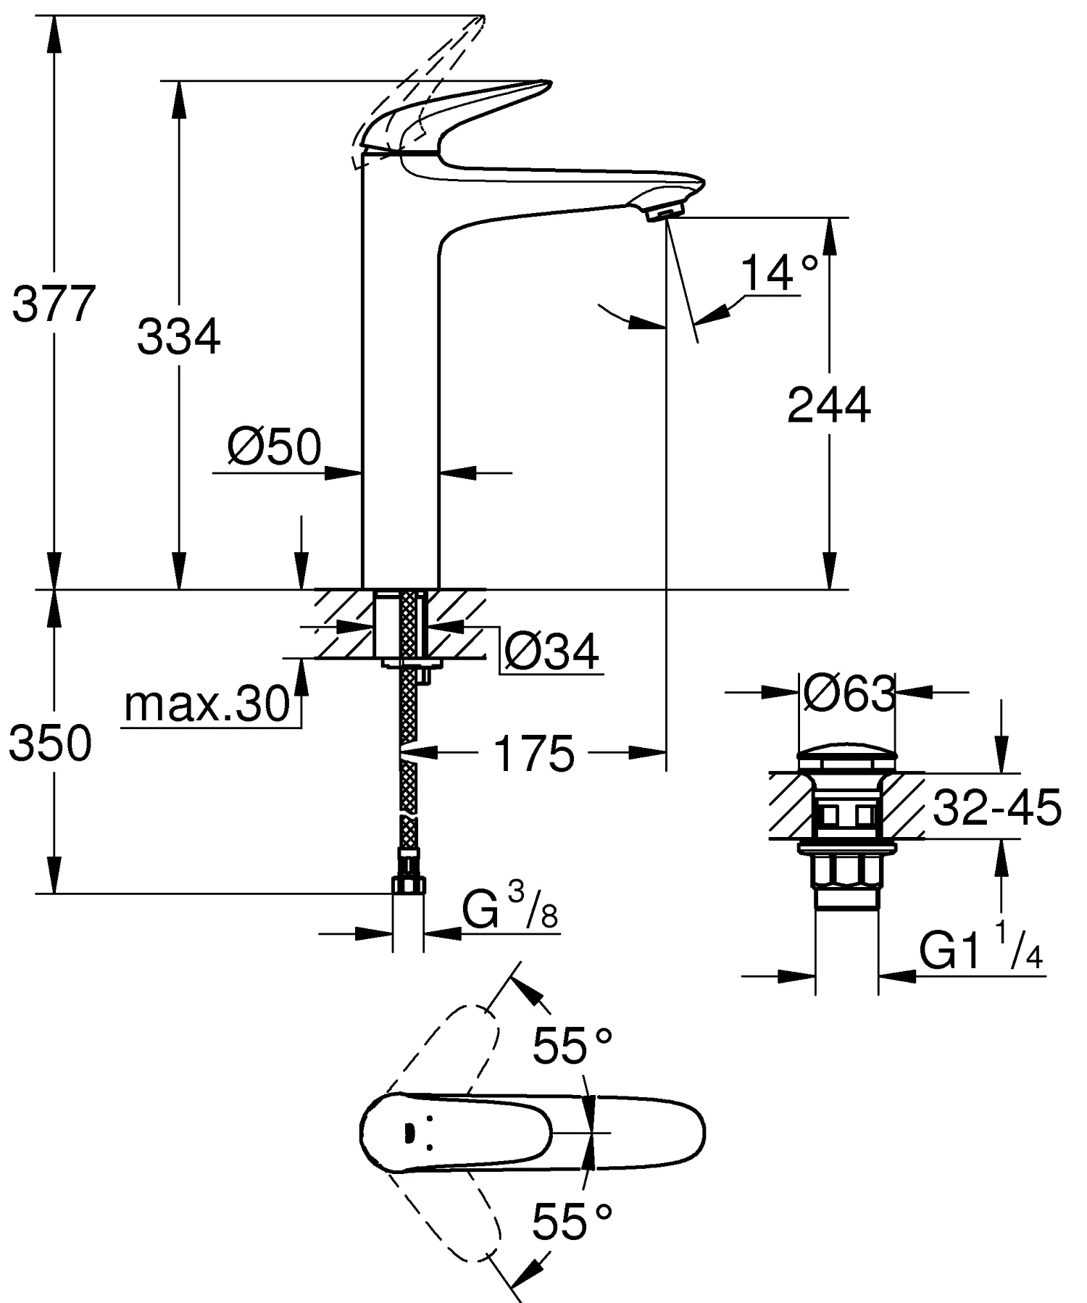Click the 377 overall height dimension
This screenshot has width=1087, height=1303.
click(x=54, y=304)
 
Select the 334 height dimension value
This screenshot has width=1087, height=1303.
click(x=178, y=337)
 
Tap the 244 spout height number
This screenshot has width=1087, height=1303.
click(x=828, y=405)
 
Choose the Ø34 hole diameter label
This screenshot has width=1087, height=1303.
click(x=551, y=651)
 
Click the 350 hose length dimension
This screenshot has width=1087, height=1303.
click(x=50, y=743)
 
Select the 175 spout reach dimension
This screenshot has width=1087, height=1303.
click(x=533, y=753)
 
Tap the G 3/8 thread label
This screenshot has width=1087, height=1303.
click(x=510, y=910)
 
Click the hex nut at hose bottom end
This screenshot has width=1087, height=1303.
click(x=409, y=884)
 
